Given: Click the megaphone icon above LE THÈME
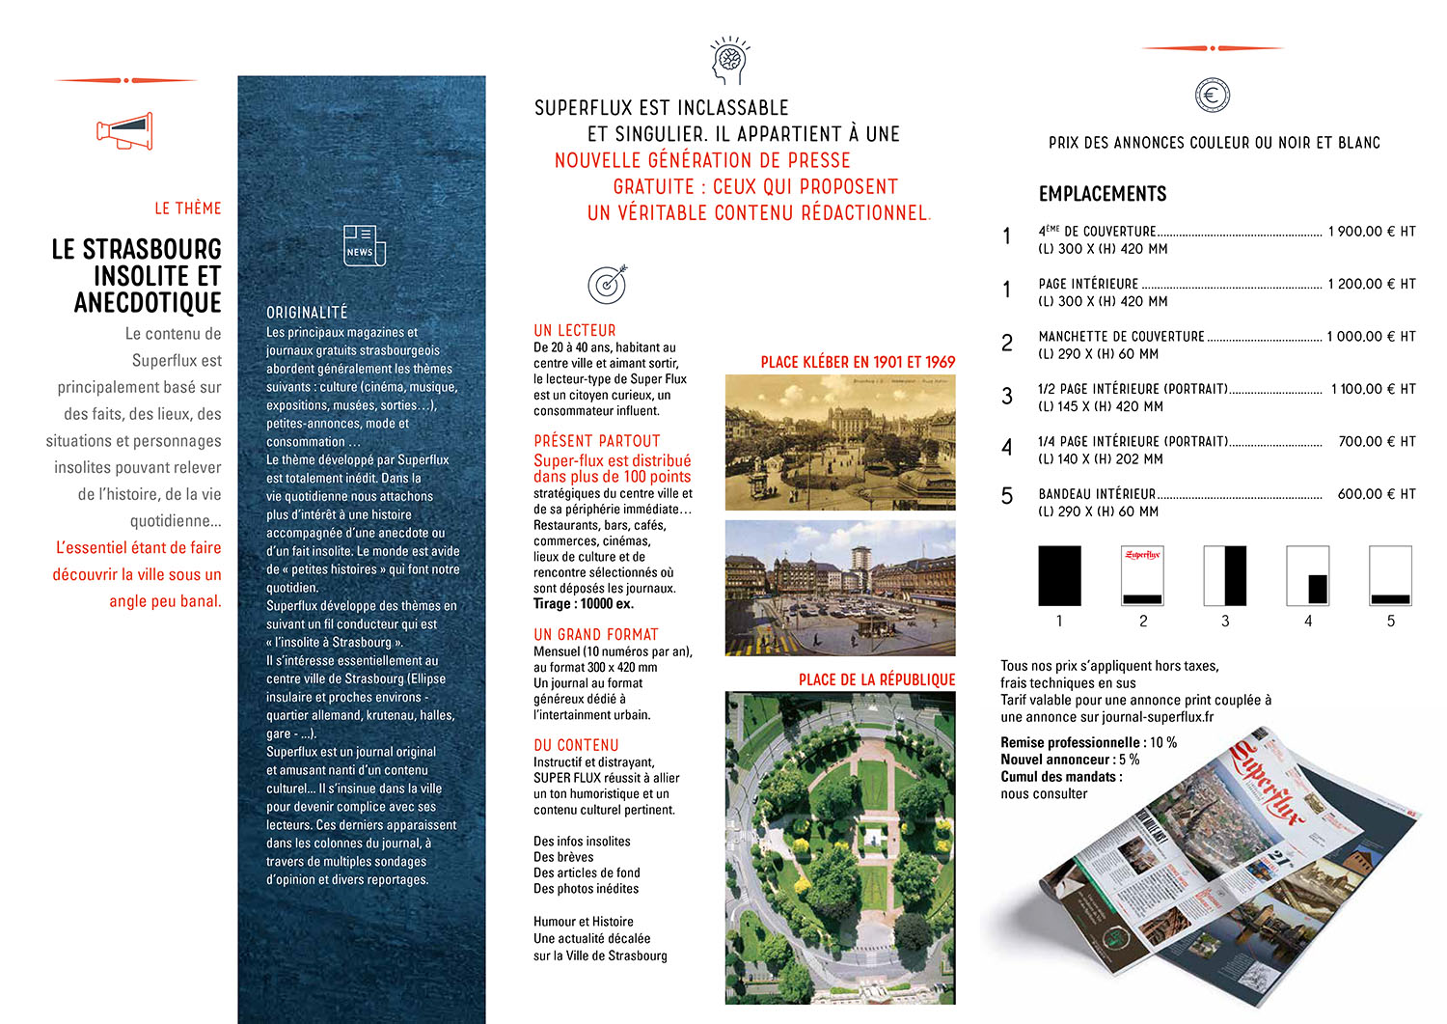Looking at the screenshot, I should point(124,131).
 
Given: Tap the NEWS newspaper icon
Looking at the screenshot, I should point(364,245).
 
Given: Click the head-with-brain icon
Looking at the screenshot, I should point(728,61).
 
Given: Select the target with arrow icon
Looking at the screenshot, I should point(608,284).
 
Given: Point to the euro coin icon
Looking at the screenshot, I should point(1212,95).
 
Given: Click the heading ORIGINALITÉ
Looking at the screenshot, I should point(307,313).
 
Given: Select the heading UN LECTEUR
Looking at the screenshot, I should point(574,330).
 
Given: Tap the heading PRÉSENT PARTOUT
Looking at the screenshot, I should point(597,441).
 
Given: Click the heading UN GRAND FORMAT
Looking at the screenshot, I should point(595,634).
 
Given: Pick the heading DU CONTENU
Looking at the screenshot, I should point(576,745).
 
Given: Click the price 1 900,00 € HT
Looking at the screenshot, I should point(1371,232).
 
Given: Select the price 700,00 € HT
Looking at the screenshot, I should point(1377,441).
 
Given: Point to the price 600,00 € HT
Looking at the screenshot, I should point(1376,494).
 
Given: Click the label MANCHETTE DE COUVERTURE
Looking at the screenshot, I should point(1121,337).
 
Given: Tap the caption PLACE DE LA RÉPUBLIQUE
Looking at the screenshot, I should point(876,679).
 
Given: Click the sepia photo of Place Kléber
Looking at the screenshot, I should point(839,442).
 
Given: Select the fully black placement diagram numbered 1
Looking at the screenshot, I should point(1059,576).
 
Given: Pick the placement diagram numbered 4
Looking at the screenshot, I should point(1308,576).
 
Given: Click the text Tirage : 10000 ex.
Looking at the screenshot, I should point(584,604).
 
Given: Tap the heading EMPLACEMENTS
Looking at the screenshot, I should point(1103,194).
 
